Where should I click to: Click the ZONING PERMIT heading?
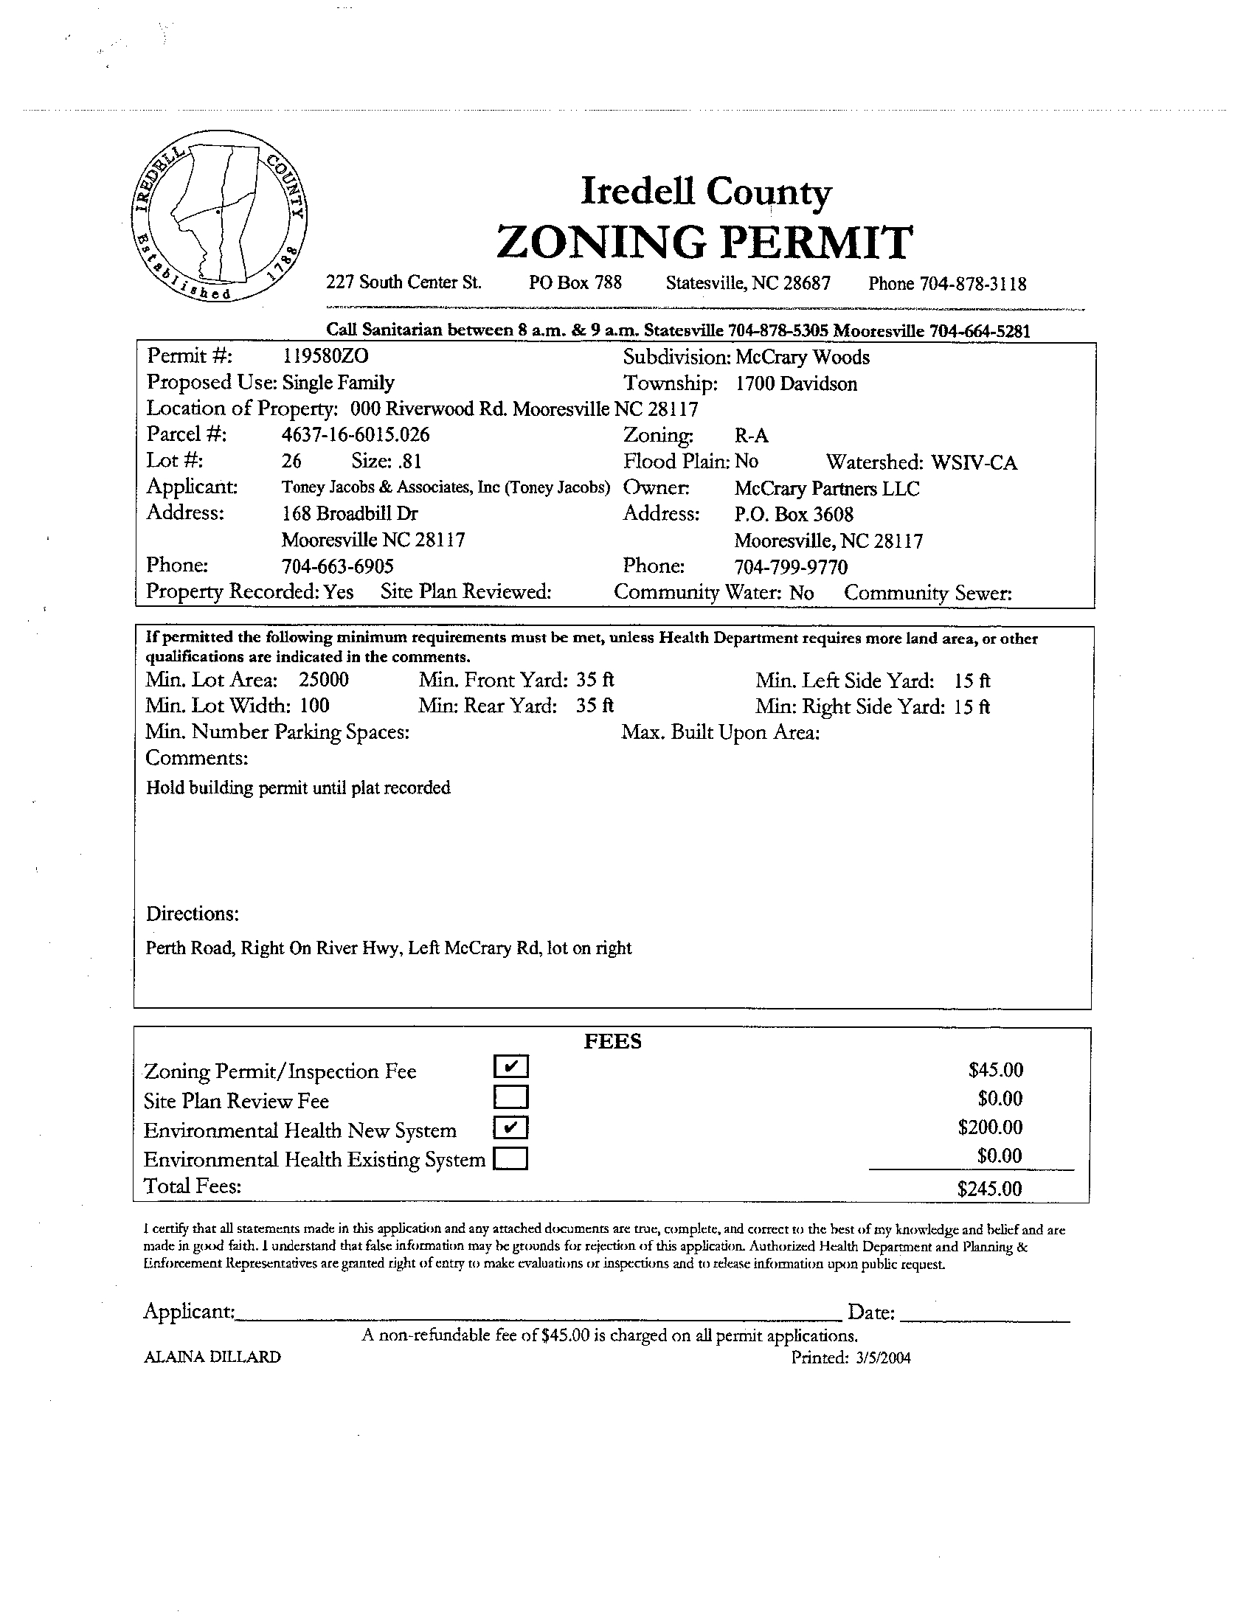point(704,243)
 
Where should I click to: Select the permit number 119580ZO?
point(325,357)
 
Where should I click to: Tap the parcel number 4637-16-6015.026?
point(356,434)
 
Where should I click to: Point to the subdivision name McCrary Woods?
point(801,358)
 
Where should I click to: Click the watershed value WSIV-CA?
point(974,463)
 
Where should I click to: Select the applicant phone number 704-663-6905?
point(338,567)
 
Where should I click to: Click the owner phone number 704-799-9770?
point(790,568)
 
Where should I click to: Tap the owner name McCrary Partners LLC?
point(827,489)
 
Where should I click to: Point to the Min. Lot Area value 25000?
point(324,680)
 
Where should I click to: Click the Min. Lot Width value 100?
point(315,706)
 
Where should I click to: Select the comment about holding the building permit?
point(298,788)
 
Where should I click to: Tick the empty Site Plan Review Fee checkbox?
point(510,1097)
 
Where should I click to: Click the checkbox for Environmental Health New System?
point(510,1127)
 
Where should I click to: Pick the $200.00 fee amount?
point(990,1127)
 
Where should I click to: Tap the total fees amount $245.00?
point(990,1189)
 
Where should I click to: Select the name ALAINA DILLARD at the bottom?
point(212,1357)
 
